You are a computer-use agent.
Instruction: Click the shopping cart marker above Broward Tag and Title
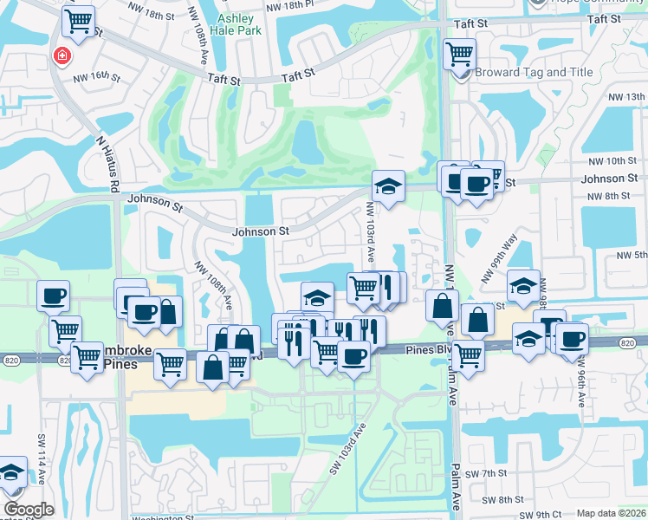point(459,55)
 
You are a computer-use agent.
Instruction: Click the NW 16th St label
point(96,77)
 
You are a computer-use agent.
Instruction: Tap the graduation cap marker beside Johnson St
point(388,185)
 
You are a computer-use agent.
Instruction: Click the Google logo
point(29,510)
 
